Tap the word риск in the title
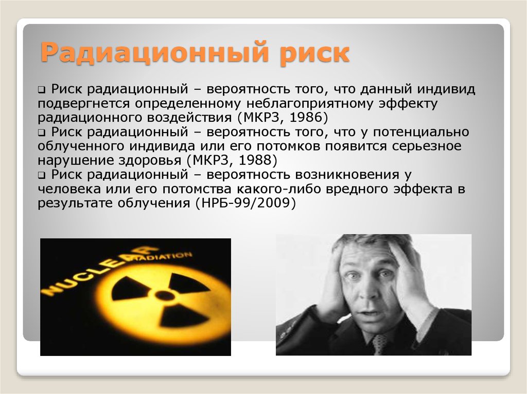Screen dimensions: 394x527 click(x=315, y=54)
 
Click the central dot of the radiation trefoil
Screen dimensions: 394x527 click(x=164, y=295)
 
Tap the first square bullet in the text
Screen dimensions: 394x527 click(x=41, y=90)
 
